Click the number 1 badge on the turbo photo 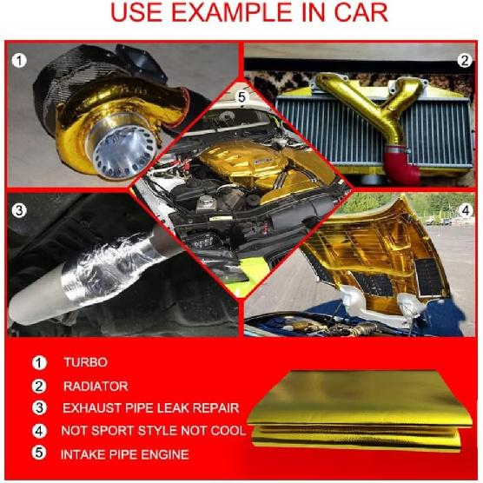tap(17, 61)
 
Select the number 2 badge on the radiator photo tap(465, 60)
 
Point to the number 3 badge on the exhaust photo tap(17, 209)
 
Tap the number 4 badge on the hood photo tap(465, 210)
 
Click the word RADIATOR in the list tap(95, 386)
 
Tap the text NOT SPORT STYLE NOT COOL tap(152, 431)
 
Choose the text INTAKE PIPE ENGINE tap(124, 454)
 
